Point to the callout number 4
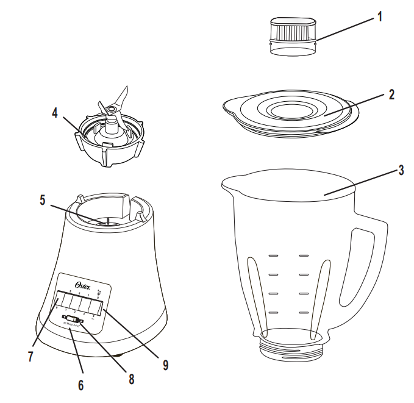coord(55,114)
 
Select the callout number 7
coord(30,356)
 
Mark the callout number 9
coord(166,365)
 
